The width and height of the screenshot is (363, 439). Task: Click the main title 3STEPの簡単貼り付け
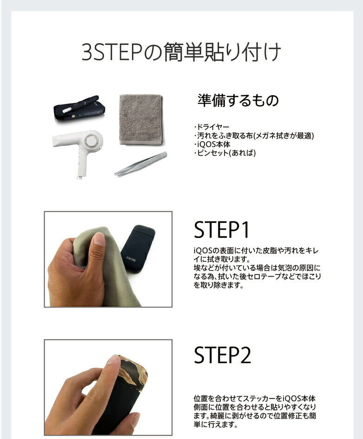click(181, 53)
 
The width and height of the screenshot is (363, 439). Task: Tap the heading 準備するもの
click(238, 100)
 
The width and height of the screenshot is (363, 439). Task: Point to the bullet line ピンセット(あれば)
click(225, 153)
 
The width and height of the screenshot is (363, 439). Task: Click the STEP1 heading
click(222, 230)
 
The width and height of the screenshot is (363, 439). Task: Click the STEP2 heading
click(222, 355)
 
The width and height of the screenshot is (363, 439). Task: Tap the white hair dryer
click(79, 146)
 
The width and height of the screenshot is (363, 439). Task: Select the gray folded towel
click(141, 119)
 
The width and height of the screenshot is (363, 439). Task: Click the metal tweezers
click(141, 164)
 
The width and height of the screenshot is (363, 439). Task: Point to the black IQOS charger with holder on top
click(79, 109)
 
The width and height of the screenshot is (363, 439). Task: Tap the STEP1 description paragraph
click(257, 268)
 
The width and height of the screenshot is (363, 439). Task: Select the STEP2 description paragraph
click(256, 412)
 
